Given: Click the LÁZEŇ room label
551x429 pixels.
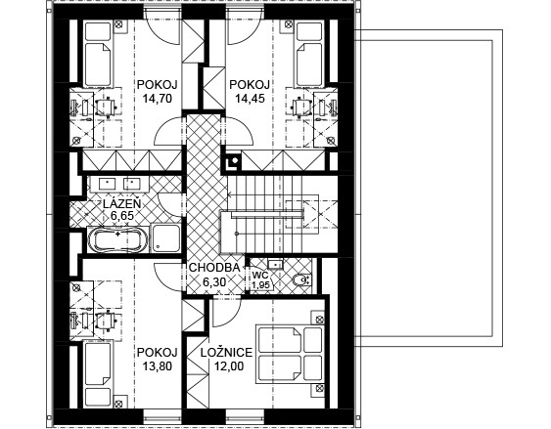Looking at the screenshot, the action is point(122,204).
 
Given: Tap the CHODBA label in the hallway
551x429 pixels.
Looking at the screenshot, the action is point(214,268).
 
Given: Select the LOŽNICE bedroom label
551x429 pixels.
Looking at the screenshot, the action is point(227,352).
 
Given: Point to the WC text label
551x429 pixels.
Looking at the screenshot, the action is point(260,275).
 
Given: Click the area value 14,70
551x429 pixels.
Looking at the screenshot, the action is point(157,99).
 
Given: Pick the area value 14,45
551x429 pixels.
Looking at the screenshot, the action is point(250,99).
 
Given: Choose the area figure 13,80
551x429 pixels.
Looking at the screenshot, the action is point(157,366).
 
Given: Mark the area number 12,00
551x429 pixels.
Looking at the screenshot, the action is point(229,366).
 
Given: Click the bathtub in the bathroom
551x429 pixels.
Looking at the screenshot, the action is point(117,240).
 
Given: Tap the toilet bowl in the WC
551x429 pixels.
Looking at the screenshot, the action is point(301,279).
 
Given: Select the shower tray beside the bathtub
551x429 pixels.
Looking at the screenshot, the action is point(165,238).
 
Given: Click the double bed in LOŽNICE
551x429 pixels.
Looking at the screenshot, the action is point(290,353).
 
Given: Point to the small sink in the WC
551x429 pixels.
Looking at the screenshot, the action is point(275,264).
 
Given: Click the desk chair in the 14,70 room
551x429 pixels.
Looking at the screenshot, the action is point(106,106).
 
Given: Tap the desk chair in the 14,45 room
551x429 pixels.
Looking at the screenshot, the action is point(301,106).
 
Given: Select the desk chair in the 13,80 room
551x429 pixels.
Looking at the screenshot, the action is point(106,321).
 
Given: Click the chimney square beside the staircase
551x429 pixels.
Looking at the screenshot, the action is point(233,161).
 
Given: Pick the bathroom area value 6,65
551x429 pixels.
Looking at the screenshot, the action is point(122,216).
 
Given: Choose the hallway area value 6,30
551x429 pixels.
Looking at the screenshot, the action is point(214,281).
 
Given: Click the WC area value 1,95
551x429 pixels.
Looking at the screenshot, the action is point(260,284).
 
